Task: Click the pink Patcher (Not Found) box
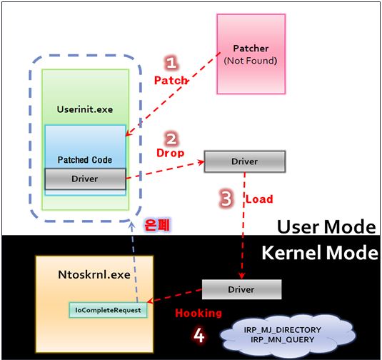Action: (x=251, y=54)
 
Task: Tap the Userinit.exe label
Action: (x=85, y=109)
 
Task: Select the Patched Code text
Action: (x=85, y=160)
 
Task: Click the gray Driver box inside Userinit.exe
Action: (x=85, y=179)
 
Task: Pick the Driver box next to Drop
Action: (x=245, y=161)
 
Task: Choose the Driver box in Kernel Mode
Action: (x=241, y=289)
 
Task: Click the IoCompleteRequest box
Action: (x=108, y=310)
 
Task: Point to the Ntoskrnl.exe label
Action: (x=94, y=275)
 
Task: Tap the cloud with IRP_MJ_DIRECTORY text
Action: (x=283, y=335)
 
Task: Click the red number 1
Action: (x=171, y=63)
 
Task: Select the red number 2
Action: (x=171, y=139)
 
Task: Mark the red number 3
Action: (x=226, y=198)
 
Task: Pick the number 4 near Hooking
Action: (x=198, y=336)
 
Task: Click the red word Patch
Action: (x=171, y=80)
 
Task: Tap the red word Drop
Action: (x=170, y=153)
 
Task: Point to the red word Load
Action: (x=259, y=199)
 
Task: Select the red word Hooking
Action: (x=198, y=313)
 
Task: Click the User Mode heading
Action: (x=326, y=226)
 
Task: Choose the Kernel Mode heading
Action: (x=320, y=253)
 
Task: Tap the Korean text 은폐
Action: (x=157, y=224)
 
